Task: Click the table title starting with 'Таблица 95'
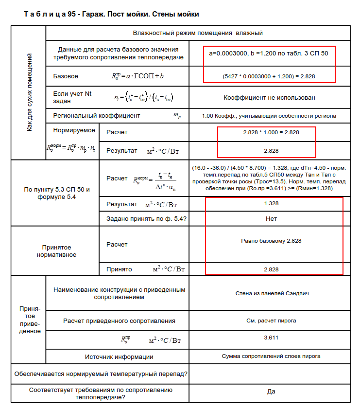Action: (111, 15)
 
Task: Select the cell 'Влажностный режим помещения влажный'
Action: (198, 33)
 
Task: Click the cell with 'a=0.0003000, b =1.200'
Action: (269, 53)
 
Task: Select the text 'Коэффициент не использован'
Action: (269, 97)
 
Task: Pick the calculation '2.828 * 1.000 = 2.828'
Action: (271, 132)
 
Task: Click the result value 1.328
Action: (271, 204)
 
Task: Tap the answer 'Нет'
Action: (271, 219)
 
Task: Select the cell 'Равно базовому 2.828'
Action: (271, 241)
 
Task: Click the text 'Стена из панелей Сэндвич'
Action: (271, 294)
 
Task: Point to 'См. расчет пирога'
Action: (271, 321)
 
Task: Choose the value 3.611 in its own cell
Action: (271, 338)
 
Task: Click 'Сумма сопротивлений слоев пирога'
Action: (271, 356)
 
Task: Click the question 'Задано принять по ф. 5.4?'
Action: (147, 219)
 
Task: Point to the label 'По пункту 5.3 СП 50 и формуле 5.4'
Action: (57, 193)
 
